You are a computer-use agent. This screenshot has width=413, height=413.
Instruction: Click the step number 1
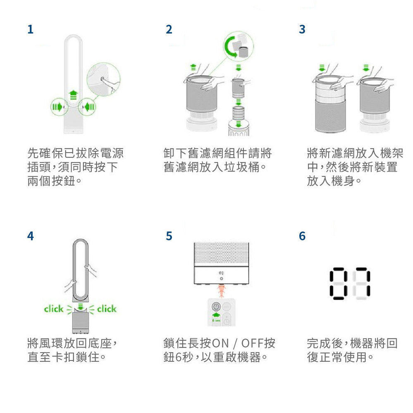(30, 29)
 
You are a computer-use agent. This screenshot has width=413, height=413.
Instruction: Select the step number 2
(169, 29)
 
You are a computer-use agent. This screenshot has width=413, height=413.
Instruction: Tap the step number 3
(302, 29)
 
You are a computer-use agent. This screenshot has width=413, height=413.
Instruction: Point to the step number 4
(31, 236)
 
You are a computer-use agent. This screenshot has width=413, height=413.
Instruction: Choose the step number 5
(169, 236)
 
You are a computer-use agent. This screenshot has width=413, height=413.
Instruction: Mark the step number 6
(302, 236)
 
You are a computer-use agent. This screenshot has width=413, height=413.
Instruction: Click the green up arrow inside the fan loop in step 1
(73, 95)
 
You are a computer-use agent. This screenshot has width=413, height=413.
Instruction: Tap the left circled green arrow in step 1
(58, 107)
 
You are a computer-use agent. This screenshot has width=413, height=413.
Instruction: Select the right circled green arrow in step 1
(89, 107)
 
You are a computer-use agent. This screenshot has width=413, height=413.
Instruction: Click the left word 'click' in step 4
(54, 309)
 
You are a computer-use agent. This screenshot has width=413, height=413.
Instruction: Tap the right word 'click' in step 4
(107, 309)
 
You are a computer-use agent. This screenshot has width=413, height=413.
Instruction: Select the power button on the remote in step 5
(216, 307)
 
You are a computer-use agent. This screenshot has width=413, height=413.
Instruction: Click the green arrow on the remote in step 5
(216, 315)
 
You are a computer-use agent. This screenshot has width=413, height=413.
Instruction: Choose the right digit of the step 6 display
(361, 284)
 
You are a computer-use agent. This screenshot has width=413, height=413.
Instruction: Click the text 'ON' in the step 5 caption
(220, 343)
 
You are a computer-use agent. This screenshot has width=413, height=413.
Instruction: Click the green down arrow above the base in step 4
(81, 306)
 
